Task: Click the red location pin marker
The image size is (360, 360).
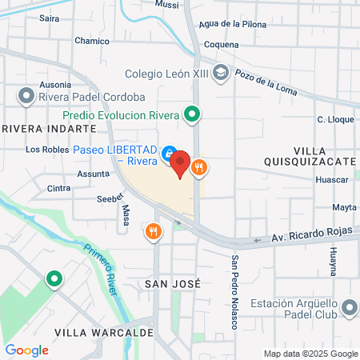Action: click(x=180, y=163)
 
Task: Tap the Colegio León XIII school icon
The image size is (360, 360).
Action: click(x=221, y=74)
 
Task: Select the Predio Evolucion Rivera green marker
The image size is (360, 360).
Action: click(x=192, y=114)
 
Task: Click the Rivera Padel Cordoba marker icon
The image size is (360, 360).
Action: click(x=25, y=97)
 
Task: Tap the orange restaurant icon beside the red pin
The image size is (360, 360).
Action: click(x=199, y=168)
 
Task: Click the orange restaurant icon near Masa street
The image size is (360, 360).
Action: click(x=154, y=232)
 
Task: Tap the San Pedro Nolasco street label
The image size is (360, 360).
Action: click(x=235, y=292)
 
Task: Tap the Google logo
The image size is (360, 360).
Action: click(x=26, y=350)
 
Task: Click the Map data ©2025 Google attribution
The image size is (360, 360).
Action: click(x=311, y=354)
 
